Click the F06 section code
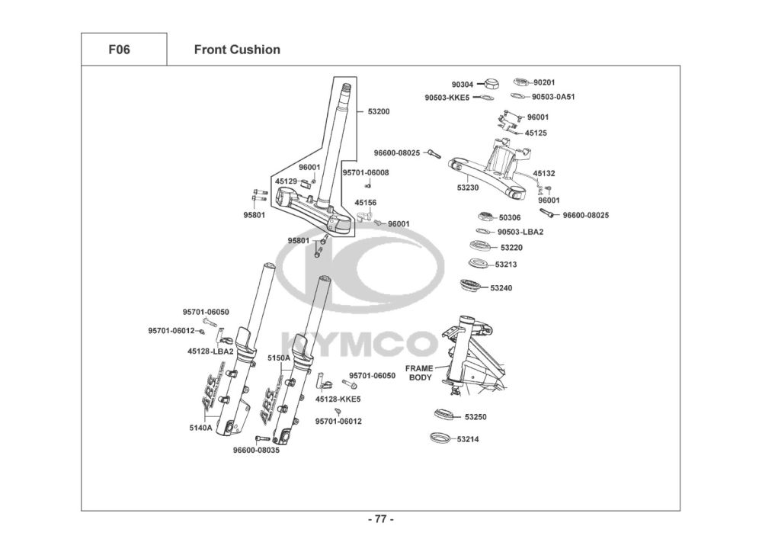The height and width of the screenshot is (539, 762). [119, 50]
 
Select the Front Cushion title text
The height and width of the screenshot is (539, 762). [237, 50]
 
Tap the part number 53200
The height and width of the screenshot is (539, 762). [379, 111]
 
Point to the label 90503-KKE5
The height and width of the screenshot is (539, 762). [447, 98]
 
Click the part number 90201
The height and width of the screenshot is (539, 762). [544, 82]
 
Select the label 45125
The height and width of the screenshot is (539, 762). [536, 133]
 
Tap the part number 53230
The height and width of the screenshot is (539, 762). [468, 188]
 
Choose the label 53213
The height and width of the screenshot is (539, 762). [506, 265]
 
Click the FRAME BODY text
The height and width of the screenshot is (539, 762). [419, 373]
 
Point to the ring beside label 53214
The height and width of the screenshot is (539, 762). [440, 438]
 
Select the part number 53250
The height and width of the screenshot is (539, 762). [475, 417]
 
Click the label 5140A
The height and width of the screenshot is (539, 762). [200, 428]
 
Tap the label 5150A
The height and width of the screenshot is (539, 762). [278, 358]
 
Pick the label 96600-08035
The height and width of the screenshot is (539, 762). [256, 450]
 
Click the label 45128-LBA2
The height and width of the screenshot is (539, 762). [210, 351]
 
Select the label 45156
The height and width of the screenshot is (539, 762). [366, 203]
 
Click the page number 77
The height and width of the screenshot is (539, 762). [380, 519]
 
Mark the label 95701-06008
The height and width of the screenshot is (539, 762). [366, 172]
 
